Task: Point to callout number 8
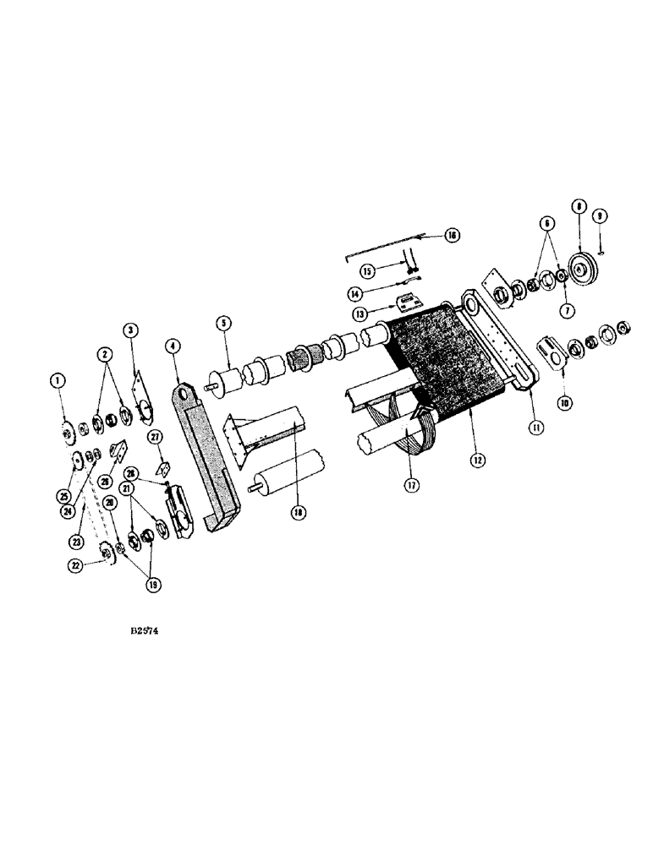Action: click(x=579, y=205)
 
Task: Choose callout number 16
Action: click(x=451, y=236)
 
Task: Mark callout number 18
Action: click(x=297, y=513)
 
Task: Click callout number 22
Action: click(x=77, y=568)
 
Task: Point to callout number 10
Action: click(x=564, y=404)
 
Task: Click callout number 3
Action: click(x=131, y=328)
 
